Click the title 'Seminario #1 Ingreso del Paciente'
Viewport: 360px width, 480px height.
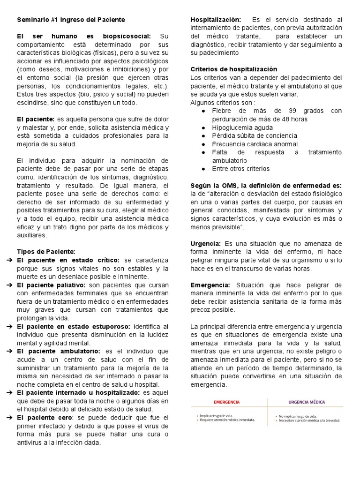point(71,20)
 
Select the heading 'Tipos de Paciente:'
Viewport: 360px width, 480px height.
point(46,251)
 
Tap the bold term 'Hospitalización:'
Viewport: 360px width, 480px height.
point(216,20)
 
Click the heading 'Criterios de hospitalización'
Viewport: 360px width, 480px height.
point(234,69)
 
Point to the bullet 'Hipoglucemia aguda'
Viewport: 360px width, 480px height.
point(241,127)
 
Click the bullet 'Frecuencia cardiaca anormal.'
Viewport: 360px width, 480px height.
point(255,144)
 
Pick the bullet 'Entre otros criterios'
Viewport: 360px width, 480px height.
point(241,169)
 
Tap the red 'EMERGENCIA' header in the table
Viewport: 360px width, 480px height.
point(226,402)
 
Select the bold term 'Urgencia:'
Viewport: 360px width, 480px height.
point(206,244)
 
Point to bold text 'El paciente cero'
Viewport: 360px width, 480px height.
point(45,417)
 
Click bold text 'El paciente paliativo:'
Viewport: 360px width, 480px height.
point(51,285)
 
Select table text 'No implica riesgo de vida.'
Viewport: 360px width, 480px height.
point(298,415)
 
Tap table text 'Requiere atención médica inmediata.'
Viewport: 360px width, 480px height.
point(227,420)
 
